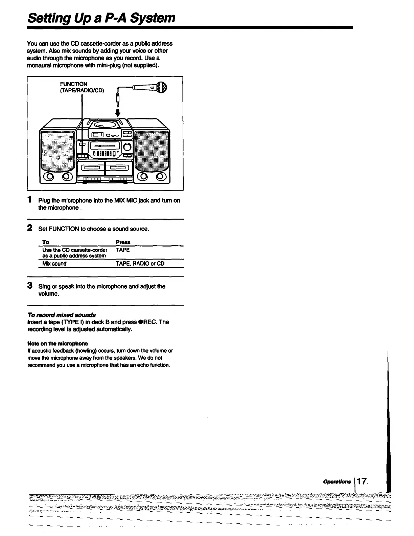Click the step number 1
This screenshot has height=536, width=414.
tap(30, 200)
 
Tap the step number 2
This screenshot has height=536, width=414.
tap(30, 228)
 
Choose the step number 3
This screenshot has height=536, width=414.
tap(30, 286)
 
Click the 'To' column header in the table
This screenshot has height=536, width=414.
tap(46, 242)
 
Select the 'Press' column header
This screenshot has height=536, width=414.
tap(123, 242)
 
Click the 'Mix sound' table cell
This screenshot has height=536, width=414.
tap(54, 263)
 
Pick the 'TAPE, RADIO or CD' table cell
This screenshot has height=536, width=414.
tap(140, 263)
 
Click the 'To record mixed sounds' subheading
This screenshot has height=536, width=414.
tap(62, 315)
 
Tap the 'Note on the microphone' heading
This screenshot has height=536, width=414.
tap(57, 343)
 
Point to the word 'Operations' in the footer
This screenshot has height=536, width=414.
tap(337, 482)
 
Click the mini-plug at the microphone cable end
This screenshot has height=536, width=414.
tap(118, 99)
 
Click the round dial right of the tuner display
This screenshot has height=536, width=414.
tap(127, 147)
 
